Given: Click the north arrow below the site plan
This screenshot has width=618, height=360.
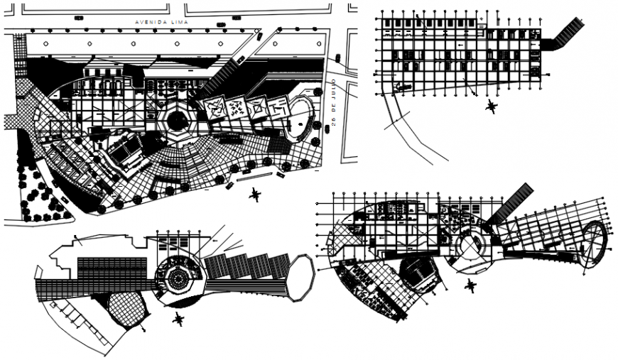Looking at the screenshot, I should [255, 195].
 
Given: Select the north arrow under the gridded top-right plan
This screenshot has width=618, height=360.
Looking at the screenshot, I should [490, 107].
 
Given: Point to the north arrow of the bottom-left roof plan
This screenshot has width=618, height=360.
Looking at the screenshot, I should [177, 320].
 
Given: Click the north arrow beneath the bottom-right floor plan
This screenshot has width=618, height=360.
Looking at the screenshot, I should [468, 286].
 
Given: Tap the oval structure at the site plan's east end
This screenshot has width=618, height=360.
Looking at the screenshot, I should [300, 115].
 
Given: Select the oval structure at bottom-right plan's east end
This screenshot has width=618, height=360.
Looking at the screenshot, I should [594, 245].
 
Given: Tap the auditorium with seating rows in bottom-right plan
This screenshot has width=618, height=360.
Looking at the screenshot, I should [418, 273].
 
